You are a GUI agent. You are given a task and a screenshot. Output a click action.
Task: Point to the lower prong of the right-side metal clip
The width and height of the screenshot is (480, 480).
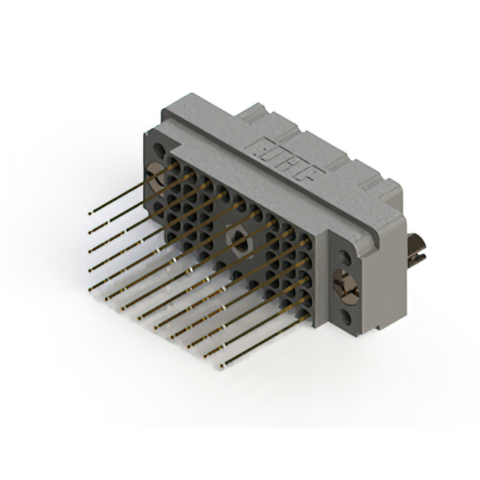(x=417, y=258)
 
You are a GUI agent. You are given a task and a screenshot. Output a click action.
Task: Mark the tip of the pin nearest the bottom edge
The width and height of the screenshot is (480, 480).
(x=223, y=367)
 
